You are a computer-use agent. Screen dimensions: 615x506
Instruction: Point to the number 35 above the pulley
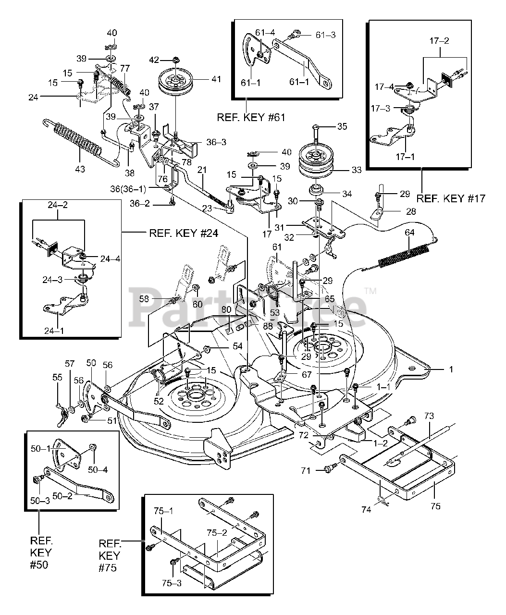point(342,127)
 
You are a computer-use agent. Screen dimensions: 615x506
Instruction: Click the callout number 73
point(429,415)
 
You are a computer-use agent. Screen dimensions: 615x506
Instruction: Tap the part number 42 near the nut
point(154,60)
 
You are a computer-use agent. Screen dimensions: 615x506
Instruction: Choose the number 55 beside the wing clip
point(57,378)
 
